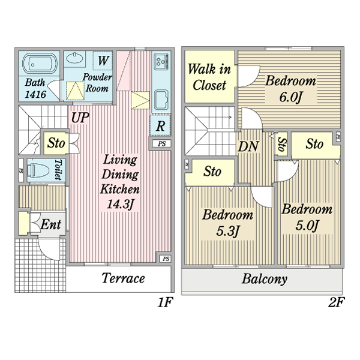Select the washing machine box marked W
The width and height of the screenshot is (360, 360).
click(x=103, y=61)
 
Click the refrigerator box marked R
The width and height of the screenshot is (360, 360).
click(x=160, y=126)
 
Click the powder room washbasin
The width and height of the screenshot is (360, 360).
click(x=76, y=58)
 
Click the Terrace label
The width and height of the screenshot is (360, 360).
click(x=123, y=278)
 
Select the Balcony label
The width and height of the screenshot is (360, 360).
click(x=265, y=279)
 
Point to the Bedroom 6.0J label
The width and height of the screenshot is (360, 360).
click(x=291, y=88)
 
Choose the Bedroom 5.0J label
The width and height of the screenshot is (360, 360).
click(x=307, y=217)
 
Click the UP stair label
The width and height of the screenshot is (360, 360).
click(x=79, y=118)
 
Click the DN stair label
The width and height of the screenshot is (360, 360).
click(x=248, y=146)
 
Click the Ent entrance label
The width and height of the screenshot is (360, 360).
click(x=50, y=225)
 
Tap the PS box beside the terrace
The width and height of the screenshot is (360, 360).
click(x=164, y=259)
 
